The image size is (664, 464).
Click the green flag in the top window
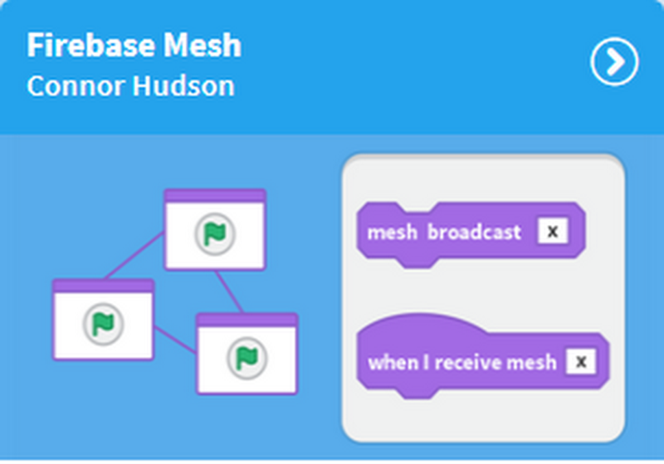click(x=215, y=234)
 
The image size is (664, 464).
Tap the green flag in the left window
click(x=103, y=324)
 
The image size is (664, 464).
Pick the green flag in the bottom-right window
click(x=247, y=357)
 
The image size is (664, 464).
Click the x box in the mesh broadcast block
click(x=553, y=232)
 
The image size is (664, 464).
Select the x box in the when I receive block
click(x=581, y=362)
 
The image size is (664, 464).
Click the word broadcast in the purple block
click(x=474, y=232)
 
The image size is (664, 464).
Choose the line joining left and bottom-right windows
click(x=174, y=340)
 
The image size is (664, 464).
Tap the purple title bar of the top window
click(x=215, y=196)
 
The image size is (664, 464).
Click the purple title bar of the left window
click(x=103, y=286)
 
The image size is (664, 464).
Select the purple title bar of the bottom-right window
click(x=247, y=320)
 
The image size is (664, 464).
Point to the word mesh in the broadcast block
click(x=393, y=232)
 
